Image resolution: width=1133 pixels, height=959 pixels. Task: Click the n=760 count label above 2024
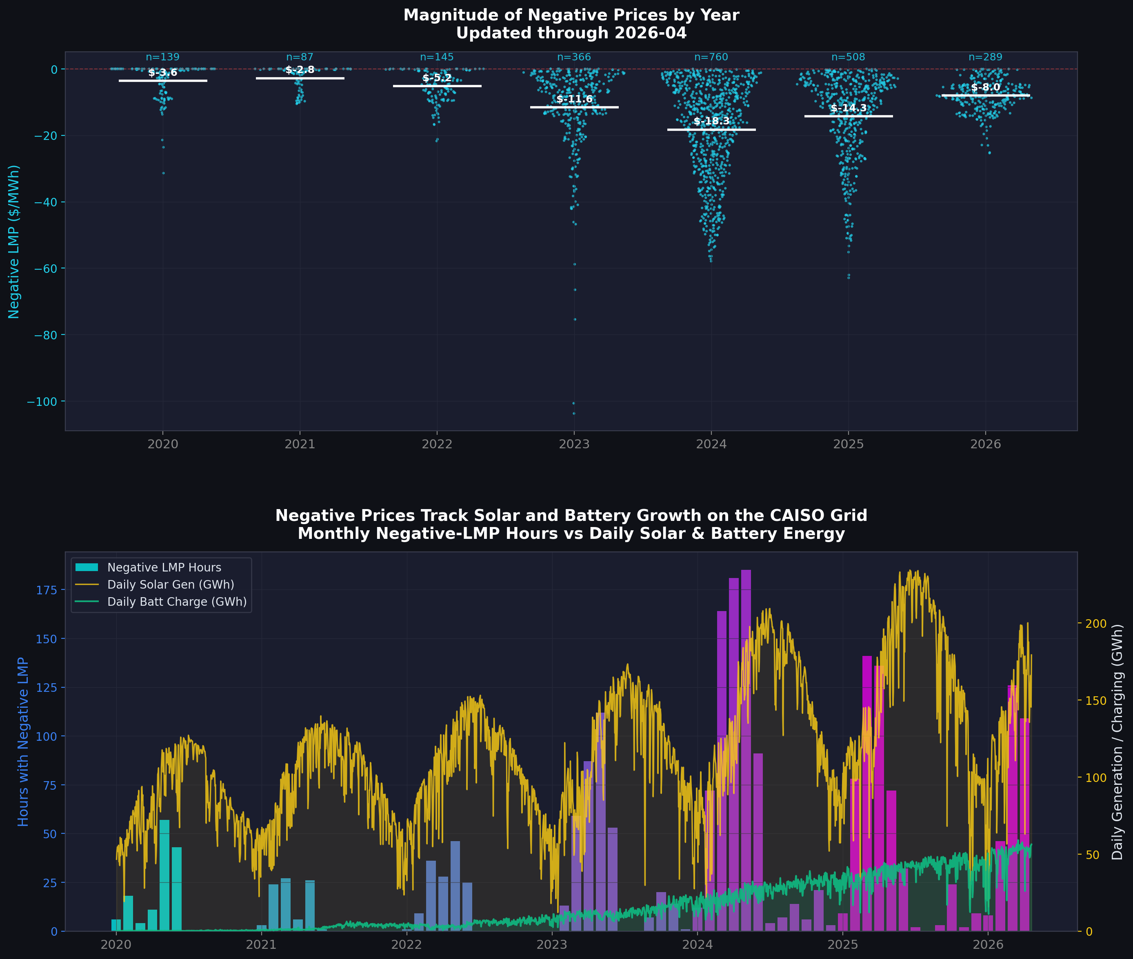[x=711, y=57]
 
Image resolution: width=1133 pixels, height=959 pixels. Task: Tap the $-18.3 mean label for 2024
[x=711, y=121]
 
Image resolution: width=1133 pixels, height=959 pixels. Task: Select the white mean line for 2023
[x=574, y=107]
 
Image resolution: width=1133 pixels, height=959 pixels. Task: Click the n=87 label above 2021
[x=300, y=57]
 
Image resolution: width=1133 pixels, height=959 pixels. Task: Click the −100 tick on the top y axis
[x=42, y=402]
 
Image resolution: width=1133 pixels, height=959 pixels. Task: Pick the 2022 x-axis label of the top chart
[x=437, y=444]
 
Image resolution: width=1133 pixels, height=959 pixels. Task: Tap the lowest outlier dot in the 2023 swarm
[x=574, y=413]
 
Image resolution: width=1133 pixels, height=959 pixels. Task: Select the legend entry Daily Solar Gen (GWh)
[x=170, y=585]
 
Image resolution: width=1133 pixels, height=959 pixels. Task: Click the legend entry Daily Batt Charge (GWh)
[x=177, y=602]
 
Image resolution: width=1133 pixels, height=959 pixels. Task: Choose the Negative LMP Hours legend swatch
[x=87, y=567]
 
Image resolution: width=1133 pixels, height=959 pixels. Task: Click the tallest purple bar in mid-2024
[x=746, y=750]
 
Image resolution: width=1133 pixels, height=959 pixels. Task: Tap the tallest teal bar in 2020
[x=164, y=875]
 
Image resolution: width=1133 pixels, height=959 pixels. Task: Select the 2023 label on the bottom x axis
[x=551, y=944]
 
